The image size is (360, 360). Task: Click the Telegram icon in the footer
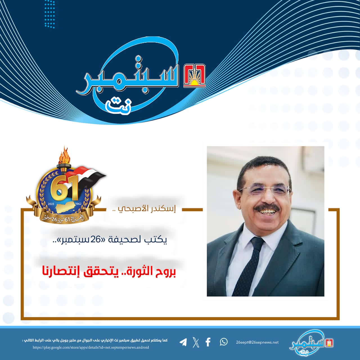[x=183, y=342]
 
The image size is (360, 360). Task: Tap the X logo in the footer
[x=195, y=342]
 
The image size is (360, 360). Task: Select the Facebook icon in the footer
[x=208, y=342]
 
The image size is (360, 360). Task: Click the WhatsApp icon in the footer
[x=224, y=342]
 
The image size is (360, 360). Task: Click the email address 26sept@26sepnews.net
[x=257, y=343]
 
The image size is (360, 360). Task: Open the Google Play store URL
[x=91, y=347]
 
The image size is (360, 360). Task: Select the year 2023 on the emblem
[x=51, y=204]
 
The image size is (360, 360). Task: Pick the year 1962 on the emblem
[x=78, y=204]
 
